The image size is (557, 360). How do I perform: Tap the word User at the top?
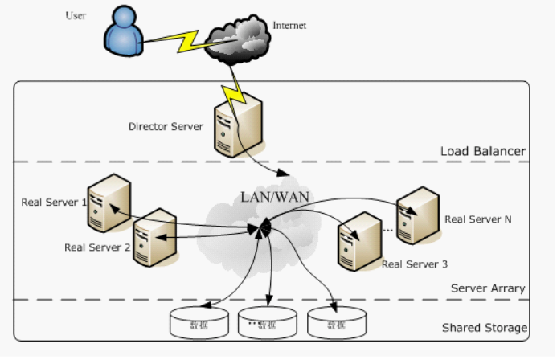pos(76,15)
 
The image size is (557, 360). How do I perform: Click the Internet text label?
pos(289,26)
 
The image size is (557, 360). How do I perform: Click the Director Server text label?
pos(166,126)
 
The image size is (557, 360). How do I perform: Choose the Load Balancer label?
pos(482,151)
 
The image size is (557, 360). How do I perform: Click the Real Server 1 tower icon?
pos(109,202)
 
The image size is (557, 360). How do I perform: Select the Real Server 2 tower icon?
pos(154,236)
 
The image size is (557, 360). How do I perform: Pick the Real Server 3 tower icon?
pos(358,239)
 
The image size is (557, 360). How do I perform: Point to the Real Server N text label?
pos(478,219)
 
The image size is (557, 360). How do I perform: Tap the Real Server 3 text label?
pos(414,264)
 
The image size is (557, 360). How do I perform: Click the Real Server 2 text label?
pos(97,247)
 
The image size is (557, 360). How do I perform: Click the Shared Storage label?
pos(485,328)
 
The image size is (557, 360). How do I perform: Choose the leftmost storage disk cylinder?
pos(199,322)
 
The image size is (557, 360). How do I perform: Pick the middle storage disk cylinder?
pos(268,322)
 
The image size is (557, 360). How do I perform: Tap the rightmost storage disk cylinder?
pos(335,322)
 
